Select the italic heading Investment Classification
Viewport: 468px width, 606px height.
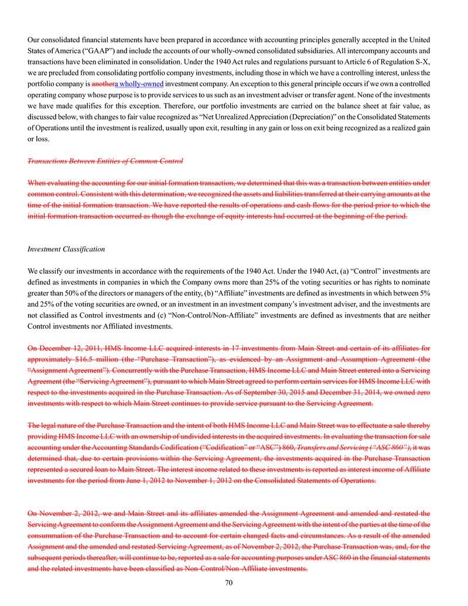click(x=66, y=249)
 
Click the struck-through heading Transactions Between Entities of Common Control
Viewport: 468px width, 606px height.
click(x=105, y=161)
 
